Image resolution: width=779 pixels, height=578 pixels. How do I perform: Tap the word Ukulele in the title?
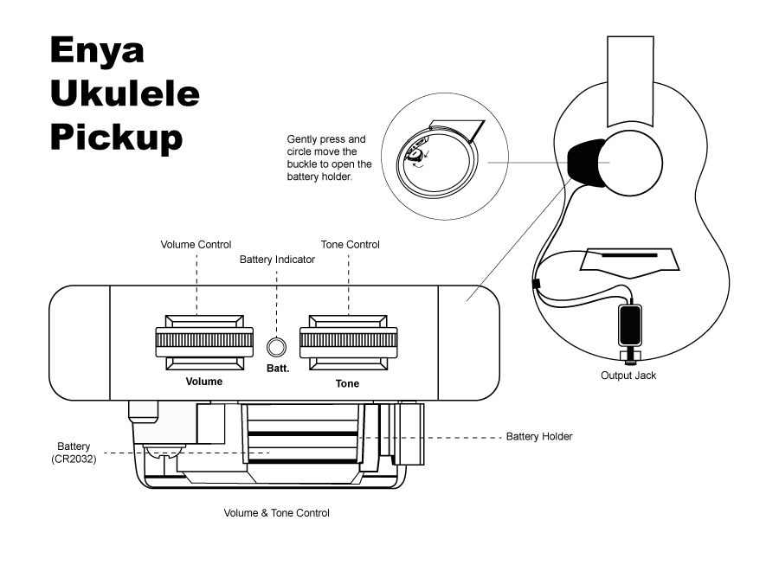pyautogui.click(x=125, y=93)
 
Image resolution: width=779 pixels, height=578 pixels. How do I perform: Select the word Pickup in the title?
pyautogui.click(x=116, y=136)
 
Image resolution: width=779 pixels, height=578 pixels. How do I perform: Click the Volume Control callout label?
pyautogui.click(x=196, y=245)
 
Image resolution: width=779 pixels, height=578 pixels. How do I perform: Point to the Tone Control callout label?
pyautogui.click(x=350, y=245)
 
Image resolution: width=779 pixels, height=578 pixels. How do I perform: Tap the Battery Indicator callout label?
pyautogui.click(x=275, y=259)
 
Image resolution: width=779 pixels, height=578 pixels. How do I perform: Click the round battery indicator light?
pyautogui.click(x=276, y=347)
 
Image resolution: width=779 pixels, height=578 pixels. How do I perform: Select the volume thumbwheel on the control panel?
pyautogui.click(x=203, y=342)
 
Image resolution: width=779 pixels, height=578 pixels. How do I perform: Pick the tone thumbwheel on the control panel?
pyautogui.click(x=349, y=342)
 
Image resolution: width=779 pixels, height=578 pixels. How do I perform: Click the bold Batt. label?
pyautogui.click(x=277, y=369)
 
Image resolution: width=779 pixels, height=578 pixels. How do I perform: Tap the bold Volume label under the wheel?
pyautogui.click(x=204, y=382)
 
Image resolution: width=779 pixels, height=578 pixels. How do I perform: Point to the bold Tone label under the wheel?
pyautogui.click(x=347, y=383)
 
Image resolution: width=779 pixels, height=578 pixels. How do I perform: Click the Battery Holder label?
pyautogui.click(x=539, y=436)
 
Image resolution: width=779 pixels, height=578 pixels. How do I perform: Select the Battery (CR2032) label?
pyautogui.click(x=73, y=453)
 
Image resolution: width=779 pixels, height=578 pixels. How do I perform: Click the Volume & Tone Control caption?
pyautogui.click(x=276, y=513)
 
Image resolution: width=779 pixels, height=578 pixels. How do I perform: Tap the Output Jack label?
pyautogui.click(x=628, y=376)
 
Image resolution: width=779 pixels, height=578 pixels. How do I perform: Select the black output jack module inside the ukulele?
pyautogui.click(x=629, y=324)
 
